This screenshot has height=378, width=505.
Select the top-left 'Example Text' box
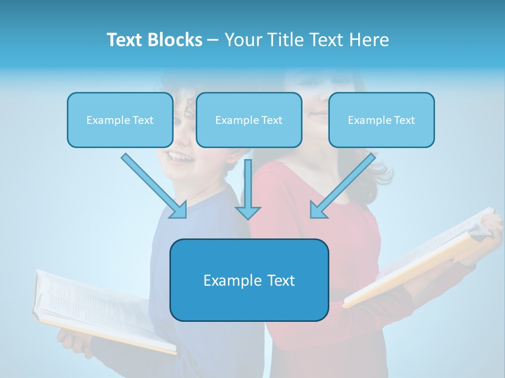tap(120, 120)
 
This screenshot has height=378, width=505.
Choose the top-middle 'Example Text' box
tap(249, 120)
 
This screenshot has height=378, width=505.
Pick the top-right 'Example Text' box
tap(381, 120)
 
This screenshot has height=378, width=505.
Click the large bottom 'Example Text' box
tap(249, 280)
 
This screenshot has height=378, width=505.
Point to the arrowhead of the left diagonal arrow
tap(179, 210)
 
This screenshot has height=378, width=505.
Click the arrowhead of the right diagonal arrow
tap(317, 210)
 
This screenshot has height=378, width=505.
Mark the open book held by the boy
tap(100, 310)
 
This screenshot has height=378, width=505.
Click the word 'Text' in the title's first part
tap(125, 40)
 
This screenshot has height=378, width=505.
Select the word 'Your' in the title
tap(243, 40)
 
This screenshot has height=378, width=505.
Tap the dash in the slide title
tap(213, 40)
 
